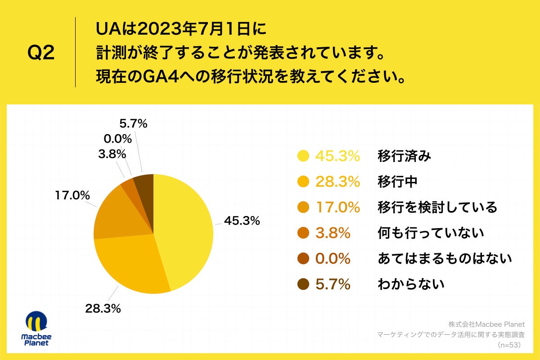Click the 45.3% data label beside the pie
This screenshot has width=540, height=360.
[242, 221]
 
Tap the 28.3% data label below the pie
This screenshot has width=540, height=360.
[103, 309]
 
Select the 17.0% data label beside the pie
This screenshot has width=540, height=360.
[72, 196]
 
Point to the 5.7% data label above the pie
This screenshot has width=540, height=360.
[133, 123]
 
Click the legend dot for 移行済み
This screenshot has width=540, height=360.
[303, 156]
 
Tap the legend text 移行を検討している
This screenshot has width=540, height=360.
[437, 207]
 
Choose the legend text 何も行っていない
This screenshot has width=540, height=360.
[431, 233]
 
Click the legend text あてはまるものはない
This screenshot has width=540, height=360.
[445, 259]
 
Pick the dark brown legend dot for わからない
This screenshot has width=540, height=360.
[303, 284]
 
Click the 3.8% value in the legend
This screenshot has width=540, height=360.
[333, 233]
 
